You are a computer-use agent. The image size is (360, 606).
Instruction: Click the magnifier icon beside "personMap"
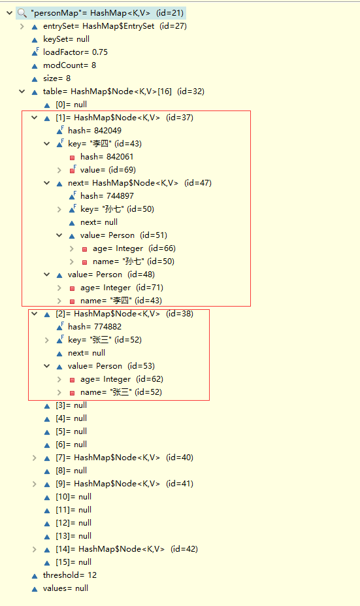click(22, 13)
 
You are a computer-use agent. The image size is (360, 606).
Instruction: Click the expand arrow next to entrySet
click(22, 26)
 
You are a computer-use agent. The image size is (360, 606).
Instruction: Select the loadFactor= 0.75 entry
click(75, 52)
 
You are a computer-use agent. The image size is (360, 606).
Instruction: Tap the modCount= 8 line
click(69, 65)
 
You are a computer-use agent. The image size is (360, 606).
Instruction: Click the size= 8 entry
click(57, 78)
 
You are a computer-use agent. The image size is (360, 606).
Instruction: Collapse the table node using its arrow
click(22, 92)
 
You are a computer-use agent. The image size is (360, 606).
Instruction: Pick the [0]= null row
click(71, 105)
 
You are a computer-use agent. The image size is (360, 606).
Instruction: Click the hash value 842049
click(108, 131)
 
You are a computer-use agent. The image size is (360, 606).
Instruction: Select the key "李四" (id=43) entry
click(105, 144)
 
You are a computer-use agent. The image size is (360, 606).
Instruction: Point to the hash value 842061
click(120, 157)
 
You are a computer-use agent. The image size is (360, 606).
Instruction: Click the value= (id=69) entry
click(108, 170)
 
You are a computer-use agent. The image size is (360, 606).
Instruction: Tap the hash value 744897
click(120, 196)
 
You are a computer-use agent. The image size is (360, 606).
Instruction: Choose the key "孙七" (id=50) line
click(117, 209)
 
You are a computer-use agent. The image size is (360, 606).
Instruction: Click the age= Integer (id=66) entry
click(134, 248)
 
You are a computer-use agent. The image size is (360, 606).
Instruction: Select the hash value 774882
click(108, 327)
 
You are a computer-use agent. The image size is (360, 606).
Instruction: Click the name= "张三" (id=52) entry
click(121, 392)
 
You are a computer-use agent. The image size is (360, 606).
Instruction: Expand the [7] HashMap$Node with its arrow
click(35, 458)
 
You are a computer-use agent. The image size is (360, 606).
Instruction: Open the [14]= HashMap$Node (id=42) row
click(126, 549)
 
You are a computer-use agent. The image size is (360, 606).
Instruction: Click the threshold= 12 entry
click(69, 575)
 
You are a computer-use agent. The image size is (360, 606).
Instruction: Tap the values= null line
click(65, 588)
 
